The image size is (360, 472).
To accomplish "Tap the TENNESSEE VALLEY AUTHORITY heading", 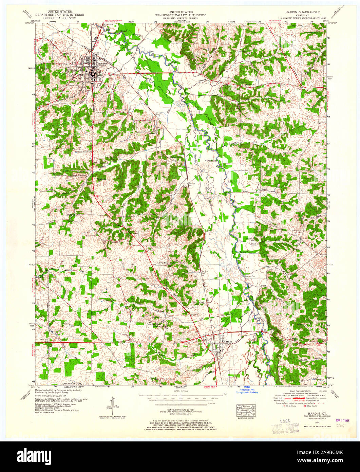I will tap(180, 15).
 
